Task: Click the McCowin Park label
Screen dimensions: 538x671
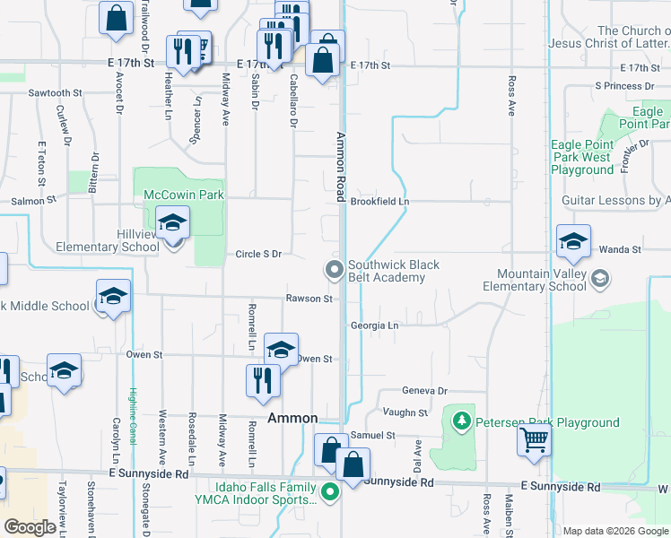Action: click(184, 194)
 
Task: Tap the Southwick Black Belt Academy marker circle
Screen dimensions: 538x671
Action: click(335, 269)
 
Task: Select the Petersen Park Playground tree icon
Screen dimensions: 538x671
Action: click(462, 420)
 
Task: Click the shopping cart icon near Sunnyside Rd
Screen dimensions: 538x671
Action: click(534, 440)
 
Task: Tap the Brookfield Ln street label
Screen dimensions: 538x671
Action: click(379, 202)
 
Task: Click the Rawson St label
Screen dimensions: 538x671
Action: click(309, 299)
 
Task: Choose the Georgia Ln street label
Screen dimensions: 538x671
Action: click(374, 325)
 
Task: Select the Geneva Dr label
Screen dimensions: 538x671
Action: click(423, 391)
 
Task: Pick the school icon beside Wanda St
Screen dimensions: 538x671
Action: click(573, 241)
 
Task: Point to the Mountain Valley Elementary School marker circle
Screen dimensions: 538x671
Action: click(600, 280)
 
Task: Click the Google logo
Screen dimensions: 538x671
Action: click(30, 528)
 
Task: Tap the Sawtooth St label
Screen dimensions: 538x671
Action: click(55, 92)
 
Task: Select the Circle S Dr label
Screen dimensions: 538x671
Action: click(259, 254)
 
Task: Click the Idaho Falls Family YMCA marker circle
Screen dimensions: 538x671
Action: click(331, 491)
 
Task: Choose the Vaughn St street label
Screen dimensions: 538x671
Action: click(405, 412)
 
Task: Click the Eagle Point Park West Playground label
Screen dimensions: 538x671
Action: click(582, 157)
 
